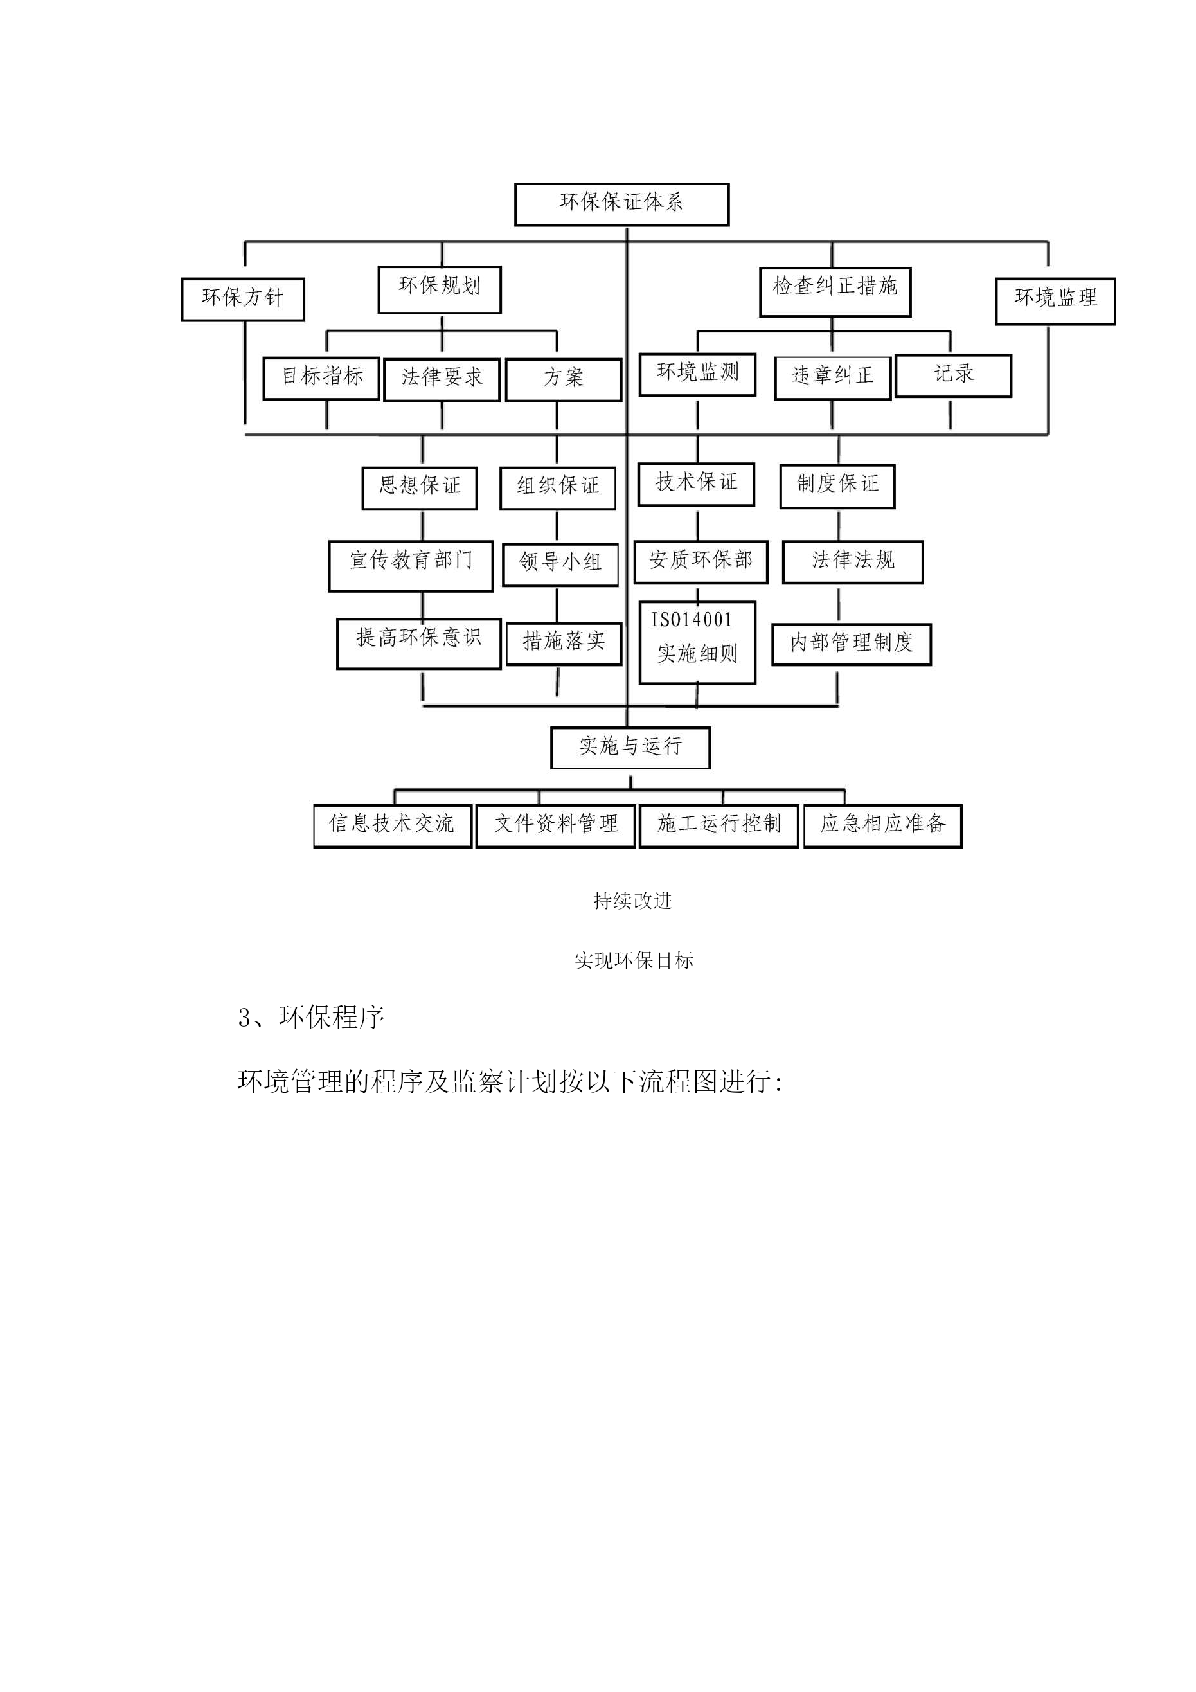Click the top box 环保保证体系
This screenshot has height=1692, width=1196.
[621, 204]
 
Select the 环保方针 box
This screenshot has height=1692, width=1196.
[242, 299]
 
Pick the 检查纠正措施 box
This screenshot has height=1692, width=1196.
[835, 292]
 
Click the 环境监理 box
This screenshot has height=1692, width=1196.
[1055, 301]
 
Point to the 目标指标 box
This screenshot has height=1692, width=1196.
[321, 379]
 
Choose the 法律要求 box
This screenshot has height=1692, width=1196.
[442, 379]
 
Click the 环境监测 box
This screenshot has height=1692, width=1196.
[697, 374]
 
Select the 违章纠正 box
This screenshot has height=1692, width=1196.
[832, 377]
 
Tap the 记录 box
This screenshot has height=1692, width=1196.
[953, 376]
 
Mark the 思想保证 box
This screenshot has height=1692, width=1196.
[419, 488]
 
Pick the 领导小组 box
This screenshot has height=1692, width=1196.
[560, 564]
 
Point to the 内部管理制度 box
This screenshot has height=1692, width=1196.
[851, 644]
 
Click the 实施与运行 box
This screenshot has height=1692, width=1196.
[630, 748]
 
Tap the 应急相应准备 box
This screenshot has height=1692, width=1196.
[883, 826]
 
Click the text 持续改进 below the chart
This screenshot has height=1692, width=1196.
[632, 901]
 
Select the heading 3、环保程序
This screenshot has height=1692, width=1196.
[311, 1018]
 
